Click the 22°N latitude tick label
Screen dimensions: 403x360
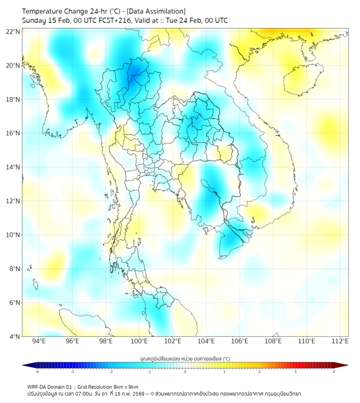13,31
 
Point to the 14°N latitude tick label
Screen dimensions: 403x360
13,167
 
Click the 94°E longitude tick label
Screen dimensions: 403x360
39,342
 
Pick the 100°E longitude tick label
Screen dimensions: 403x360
139,342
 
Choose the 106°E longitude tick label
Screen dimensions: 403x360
240,342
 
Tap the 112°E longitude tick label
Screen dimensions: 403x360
340,342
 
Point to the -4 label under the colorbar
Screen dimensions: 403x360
36,372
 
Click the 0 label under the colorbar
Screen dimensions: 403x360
185,372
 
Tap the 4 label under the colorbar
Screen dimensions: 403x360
334,372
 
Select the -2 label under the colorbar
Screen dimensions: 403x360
111,372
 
